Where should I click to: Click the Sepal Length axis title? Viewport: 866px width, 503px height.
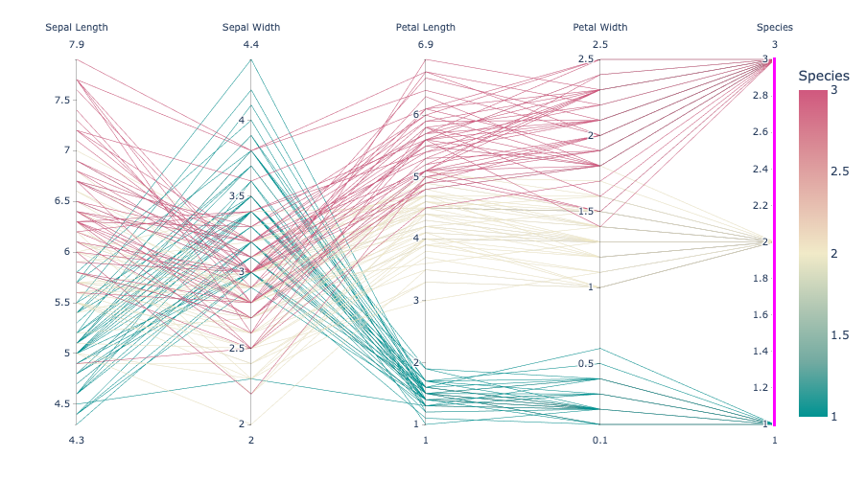[77, 27]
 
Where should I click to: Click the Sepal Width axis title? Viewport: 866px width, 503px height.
[251, 27]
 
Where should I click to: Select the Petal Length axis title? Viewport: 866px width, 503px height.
[426, 27]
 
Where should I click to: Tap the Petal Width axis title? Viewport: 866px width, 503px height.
[600, 27]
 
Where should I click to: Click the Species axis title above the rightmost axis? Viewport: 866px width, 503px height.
[775, 27]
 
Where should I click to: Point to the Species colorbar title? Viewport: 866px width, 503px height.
[824, 76]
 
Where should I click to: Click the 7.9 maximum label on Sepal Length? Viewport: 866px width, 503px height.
[77, 45]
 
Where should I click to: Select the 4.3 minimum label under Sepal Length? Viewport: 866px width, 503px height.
[77, 440]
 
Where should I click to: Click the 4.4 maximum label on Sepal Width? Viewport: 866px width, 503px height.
[251, 45]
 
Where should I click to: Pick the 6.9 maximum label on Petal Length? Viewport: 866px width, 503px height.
[426, 45]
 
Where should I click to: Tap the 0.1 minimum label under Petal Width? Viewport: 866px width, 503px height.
[600, 440]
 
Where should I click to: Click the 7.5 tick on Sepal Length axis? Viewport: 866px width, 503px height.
[60, 100]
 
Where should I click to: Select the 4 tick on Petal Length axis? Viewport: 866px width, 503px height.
[415, 239]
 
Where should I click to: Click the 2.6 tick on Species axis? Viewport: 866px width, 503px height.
[760, 132]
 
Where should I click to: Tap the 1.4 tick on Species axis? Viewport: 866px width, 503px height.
[760, 352]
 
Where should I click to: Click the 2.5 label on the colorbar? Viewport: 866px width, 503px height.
[839, 171]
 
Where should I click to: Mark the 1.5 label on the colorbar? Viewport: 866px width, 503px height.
[839, 334]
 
